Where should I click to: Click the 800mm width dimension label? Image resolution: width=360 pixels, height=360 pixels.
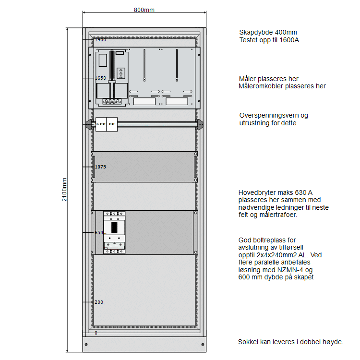click(144, 10)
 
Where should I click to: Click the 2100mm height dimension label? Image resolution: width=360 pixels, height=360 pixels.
click(65, 190)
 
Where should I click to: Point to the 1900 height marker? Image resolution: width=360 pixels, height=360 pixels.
click(100, 40)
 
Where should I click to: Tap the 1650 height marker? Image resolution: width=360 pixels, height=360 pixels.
click(100, 78)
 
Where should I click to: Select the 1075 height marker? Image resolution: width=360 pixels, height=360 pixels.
click(100, 167)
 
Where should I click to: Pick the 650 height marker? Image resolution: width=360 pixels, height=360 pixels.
click(99, 232)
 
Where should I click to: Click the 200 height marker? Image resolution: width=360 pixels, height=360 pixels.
click(99, 302)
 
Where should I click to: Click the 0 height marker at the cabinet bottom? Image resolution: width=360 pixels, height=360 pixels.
click(96, 333)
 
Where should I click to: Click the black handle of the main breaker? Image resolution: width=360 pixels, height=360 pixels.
click(114, 227)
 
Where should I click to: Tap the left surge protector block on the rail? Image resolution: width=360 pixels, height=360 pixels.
click(101, 124)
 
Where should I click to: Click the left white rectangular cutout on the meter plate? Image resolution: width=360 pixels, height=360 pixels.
click(144, 101)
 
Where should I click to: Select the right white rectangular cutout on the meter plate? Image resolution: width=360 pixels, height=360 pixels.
click(177, 101)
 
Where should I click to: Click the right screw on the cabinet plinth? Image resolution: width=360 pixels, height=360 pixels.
click(204, 344)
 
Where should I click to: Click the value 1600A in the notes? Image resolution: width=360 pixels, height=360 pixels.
click(289, 40)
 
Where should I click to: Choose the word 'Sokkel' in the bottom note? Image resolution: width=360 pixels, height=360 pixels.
click(248, 342)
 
